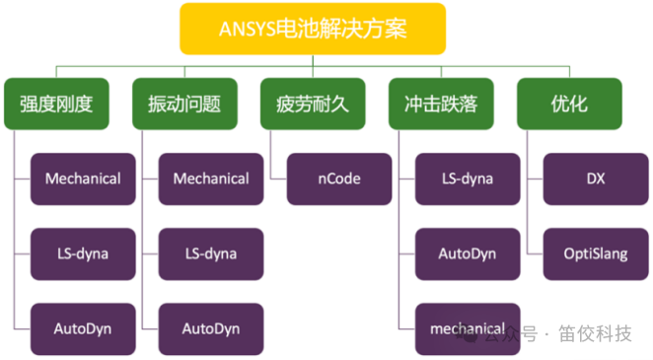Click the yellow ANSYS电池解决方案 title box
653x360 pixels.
tap(312, 29)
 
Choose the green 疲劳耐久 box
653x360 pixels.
tap(312, 104)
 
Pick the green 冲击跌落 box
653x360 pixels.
tap(440, 104)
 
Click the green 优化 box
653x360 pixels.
tap(568, 104)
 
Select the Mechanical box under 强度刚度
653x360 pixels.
tap(83, 179)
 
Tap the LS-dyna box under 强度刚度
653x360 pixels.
tap(83, 253)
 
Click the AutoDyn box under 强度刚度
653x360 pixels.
tap(83, 328)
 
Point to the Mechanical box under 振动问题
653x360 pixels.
tap(211, 179)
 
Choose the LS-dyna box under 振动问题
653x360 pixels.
tap(211, 253)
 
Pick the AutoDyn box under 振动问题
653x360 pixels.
tap(211, 328)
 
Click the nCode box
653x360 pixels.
tap(339, 179)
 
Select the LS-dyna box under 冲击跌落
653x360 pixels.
tap(468, 179)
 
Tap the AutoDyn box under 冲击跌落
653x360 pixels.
tap(468, 253)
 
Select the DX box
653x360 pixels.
tap(596, 179)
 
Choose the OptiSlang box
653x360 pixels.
tap(596, 253)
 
